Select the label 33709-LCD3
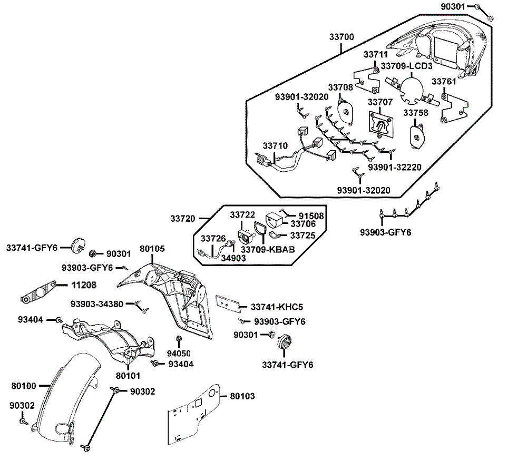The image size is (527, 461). (406, 66)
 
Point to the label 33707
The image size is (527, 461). (380, 102)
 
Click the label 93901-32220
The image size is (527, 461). (394, 167)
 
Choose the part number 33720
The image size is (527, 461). (182, 218)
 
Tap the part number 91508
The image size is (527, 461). (311, 215)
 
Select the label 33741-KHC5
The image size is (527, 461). (277, 307)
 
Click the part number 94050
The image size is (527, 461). (179, 353)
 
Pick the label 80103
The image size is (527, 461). (242, 395)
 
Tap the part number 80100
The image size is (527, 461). (24, 386)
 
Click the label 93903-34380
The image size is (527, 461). (97, 304)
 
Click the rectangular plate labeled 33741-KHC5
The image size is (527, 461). (229, 303)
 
